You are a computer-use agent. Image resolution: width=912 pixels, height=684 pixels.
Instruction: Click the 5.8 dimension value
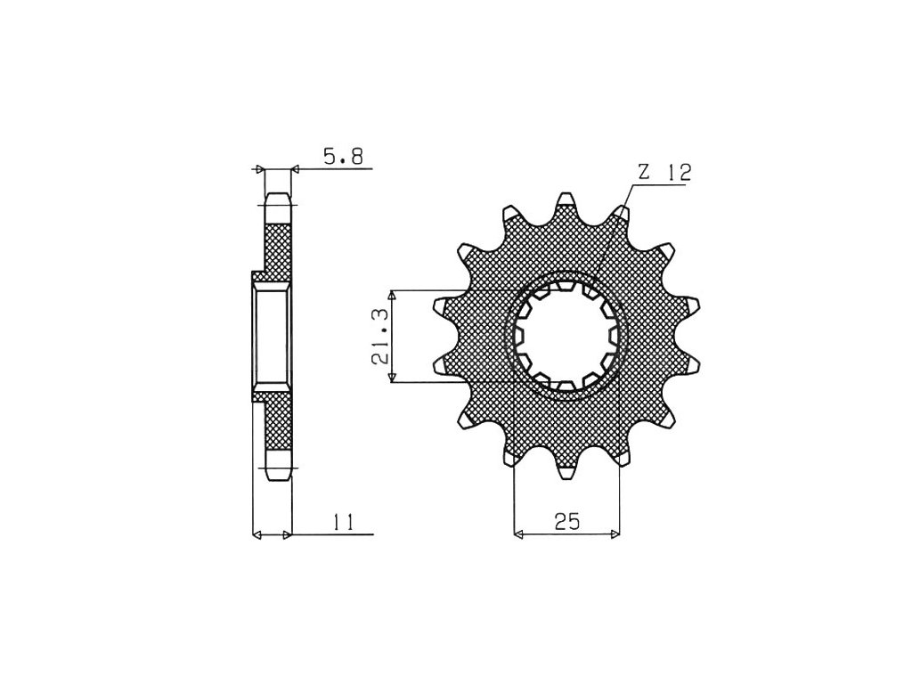tap(343, 156)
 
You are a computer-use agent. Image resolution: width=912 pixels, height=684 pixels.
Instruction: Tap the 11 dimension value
tap(344, 522)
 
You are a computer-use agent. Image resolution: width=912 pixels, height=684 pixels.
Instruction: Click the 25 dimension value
tap(566, 522)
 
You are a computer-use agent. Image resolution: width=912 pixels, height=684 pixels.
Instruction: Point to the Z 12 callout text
tap(664, 173)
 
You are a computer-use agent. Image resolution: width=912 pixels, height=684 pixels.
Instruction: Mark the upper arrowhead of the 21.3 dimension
tap(393, 296)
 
